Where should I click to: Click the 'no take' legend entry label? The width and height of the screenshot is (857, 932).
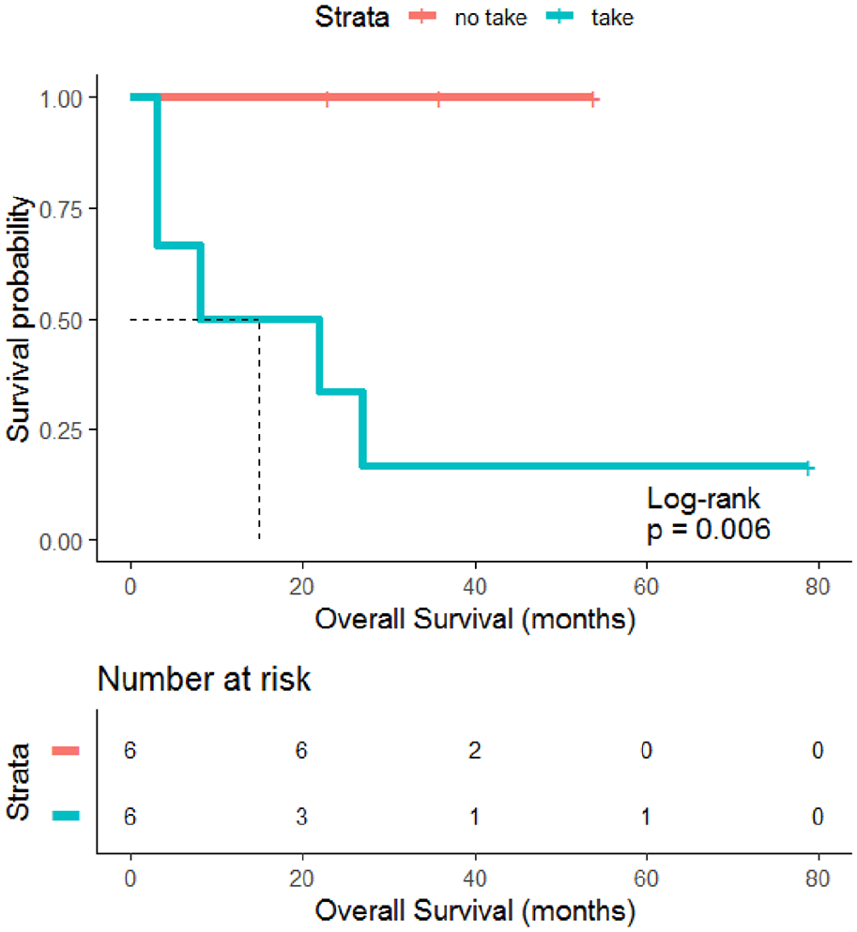click(x=490, y=18)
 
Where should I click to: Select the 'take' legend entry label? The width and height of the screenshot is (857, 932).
click(x=612, y=18)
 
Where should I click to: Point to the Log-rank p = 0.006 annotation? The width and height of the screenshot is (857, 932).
click(x=708, y=514)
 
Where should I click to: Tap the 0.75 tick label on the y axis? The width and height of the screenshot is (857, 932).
click(x=61, y=210)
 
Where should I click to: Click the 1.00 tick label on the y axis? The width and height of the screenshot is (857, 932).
click(x=61, y=98)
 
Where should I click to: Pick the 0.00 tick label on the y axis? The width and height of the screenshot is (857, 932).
click(x=61, y=542)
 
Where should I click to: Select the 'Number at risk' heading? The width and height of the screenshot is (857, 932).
click(x=204, y=679)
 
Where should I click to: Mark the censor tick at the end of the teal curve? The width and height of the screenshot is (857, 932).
click(x=807, y=468)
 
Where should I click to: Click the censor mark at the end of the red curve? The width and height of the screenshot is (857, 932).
click(x=592, y=99)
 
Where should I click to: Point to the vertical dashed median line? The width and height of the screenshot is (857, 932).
click(x=259, y=429)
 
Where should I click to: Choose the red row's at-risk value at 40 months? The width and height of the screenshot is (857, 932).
click(x=474, y=750)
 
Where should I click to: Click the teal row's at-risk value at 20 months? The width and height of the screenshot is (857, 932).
click(x=301, y=817)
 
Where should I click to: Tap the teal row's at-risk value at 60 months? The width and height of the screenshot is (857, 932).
click(x=647, y=817)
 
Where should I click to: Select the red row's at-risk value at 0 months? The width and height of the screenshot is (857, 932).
click(x=130, y=750)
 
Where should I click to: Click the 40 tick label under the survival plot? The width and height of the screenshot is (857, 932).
click(x=475, y=587)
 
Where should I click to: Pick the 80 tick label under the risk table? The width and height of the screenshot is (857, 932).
click(x=818, y=879)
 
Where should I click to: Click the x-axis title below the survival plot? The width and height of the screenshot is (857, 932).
click(x=475, y=620)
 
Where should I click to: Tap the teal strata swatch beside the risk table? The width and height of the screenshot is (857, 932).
click(x=66, y=816)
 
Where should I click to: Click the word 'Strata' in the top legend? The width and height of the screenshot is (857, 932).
click(x=352, y=17)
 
